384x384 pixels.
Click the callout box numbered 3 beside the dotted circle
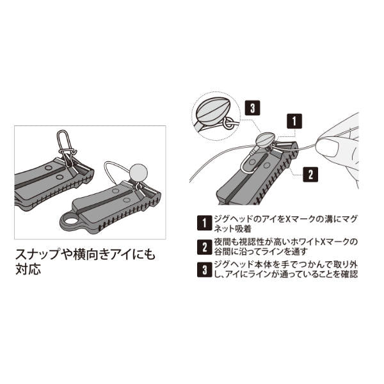(x=253, y=108)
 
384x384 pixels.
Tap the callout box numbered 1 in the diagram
(x=294, y=121)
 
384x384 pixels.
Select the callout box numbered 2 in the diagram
(x=310, y=174)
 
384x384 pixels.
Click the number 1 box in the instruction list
(x=205, y=223)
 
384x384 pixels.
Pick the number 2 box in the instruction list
(x=205, y=247)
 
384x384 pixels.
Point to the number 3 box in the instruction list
(x=205, y=269)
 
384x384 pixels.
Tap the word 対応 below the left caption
(x=28, y=269)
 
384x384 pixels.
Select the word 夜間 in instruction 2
(x=223, y=242)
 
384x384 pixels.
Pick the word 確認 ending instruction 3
(x=349, y=274)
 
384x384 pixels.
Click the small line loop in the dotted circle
(x=228, y=123)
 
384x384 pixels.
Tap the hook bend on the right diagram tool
(x=244, y=164)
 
